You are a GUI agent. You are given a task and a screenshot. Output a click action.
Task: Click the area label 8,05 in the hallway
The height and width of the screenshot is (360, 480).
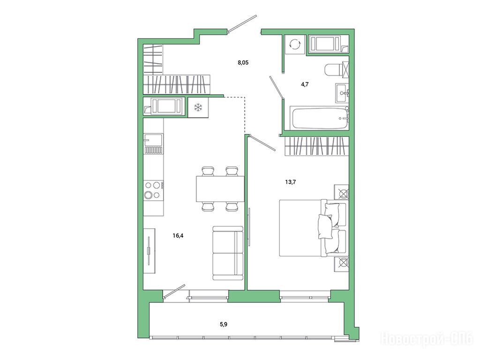coord(243,63)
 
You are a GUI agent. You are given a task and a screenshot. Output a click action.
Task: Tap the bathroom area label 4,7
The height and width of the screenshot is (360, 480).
coord(305,84)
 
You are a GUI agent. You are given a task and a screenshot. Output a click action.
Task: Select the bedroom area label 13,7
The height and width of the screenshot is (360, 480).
coord(291,182)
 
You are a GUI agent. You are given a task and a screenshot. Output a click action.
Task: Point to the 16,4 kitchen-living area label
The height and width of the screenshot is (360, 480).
coord(178,236)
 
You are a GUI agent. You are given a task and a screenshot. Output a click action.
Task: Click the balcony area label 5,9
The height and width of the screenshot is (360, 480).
coord(224,324)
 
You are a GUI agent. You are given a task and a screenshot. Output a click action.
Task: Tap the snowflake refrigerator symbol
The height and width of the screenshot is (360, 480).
coord(198,107)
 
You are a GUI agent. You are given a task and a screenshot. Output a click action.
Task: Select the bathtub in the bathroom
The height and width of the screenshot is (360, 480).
coord(320,118)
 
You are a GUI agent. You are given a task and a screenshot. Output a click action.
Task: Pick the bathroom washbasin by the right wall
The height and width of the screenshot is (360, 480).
coord(342,93)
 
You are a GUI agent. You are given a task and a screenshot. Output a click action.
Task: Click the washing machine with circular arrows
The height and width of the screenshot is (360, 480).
coord(295,45)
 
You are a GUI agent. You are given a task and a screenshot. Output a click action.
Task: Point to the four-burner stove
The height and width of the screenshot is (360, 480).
coord(153,190)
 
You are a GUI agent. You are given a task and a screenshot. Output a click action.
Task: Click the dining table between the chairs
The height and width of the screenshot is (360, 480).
coord(220,189)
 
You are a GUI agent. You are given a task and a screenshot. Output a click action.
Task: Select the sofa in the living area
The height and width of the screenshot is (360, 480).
coord(228,253)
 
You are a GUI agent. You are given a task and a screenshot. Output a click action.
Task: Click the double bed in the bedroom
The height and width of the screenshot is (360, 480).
coord(314,228)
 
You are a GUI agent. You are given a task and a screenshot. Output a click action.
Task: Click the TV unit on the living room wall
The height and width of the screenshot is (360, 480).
coord(150,251)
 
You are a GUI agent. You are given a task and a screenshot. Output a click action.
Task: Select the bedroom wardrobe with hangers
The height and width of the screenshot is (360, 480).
coord(317,146)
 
